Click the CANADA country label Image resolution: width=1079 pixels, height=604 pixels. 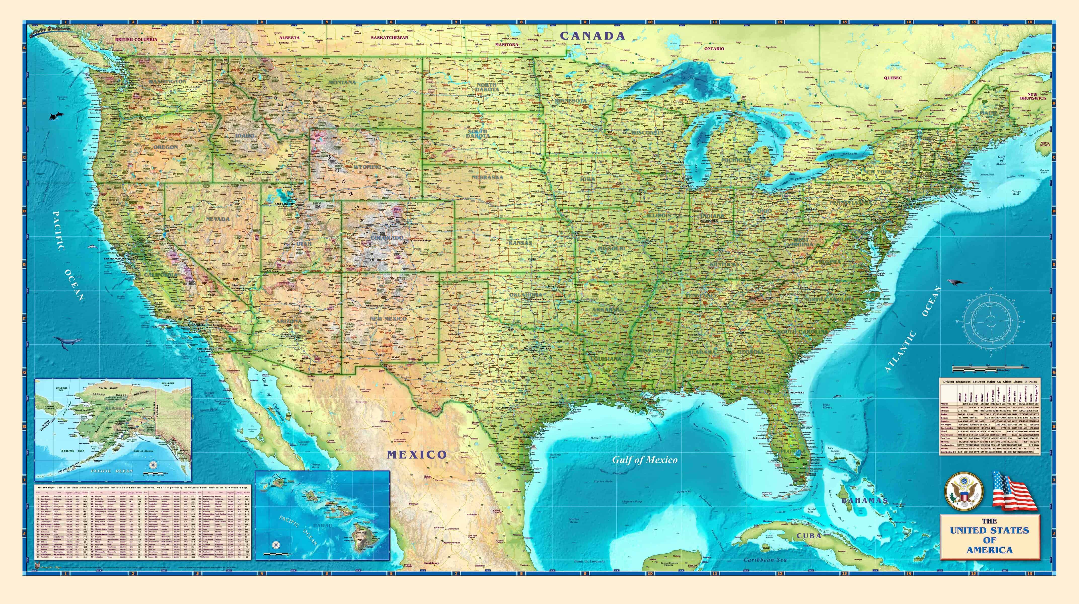click(x=592, y=36)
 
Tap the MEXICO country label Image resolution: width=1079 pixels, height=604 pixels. click(x=417, y=455)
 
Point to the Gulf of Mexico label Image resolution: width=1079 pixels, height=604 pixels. click(x=645, y=460)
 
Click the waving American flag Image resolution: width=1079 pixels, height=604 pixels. click(x=1013, y=497)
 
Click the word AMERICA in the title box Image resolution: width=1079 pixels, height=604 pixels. click(x=989, y=550)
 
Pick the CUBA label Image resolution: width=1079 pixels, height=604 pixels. click(x=808, y=536)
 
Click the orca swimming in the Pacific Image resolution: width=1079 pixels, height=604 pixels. click(x=55, y=115)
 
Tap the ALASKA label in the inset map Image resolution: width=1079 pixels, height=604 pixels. click(x=115, y=407)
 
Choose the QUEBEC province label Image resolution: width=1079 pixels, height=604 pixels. click(x=904, y=78)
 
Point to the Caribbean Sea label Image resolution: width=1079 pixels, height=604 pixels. click(x=765, y=560)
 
